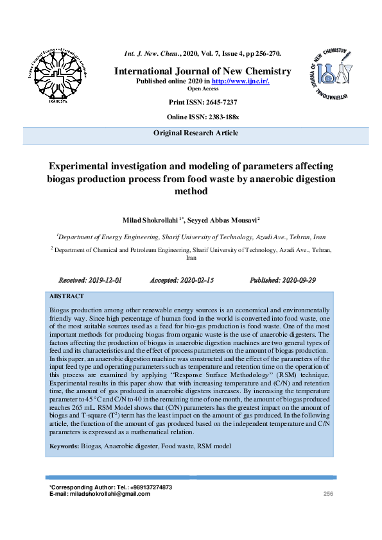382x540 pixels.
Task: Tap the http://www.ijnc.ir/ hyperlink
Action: point(241,81)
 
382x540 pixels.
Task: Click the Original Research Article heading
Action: point(196,133)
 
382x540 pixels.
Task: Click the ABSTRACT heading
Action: point(67,296)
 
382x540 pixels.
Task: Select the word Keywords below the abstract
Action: point(64,445)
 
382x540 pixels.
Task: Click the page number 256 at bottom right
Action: point(328,493)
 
